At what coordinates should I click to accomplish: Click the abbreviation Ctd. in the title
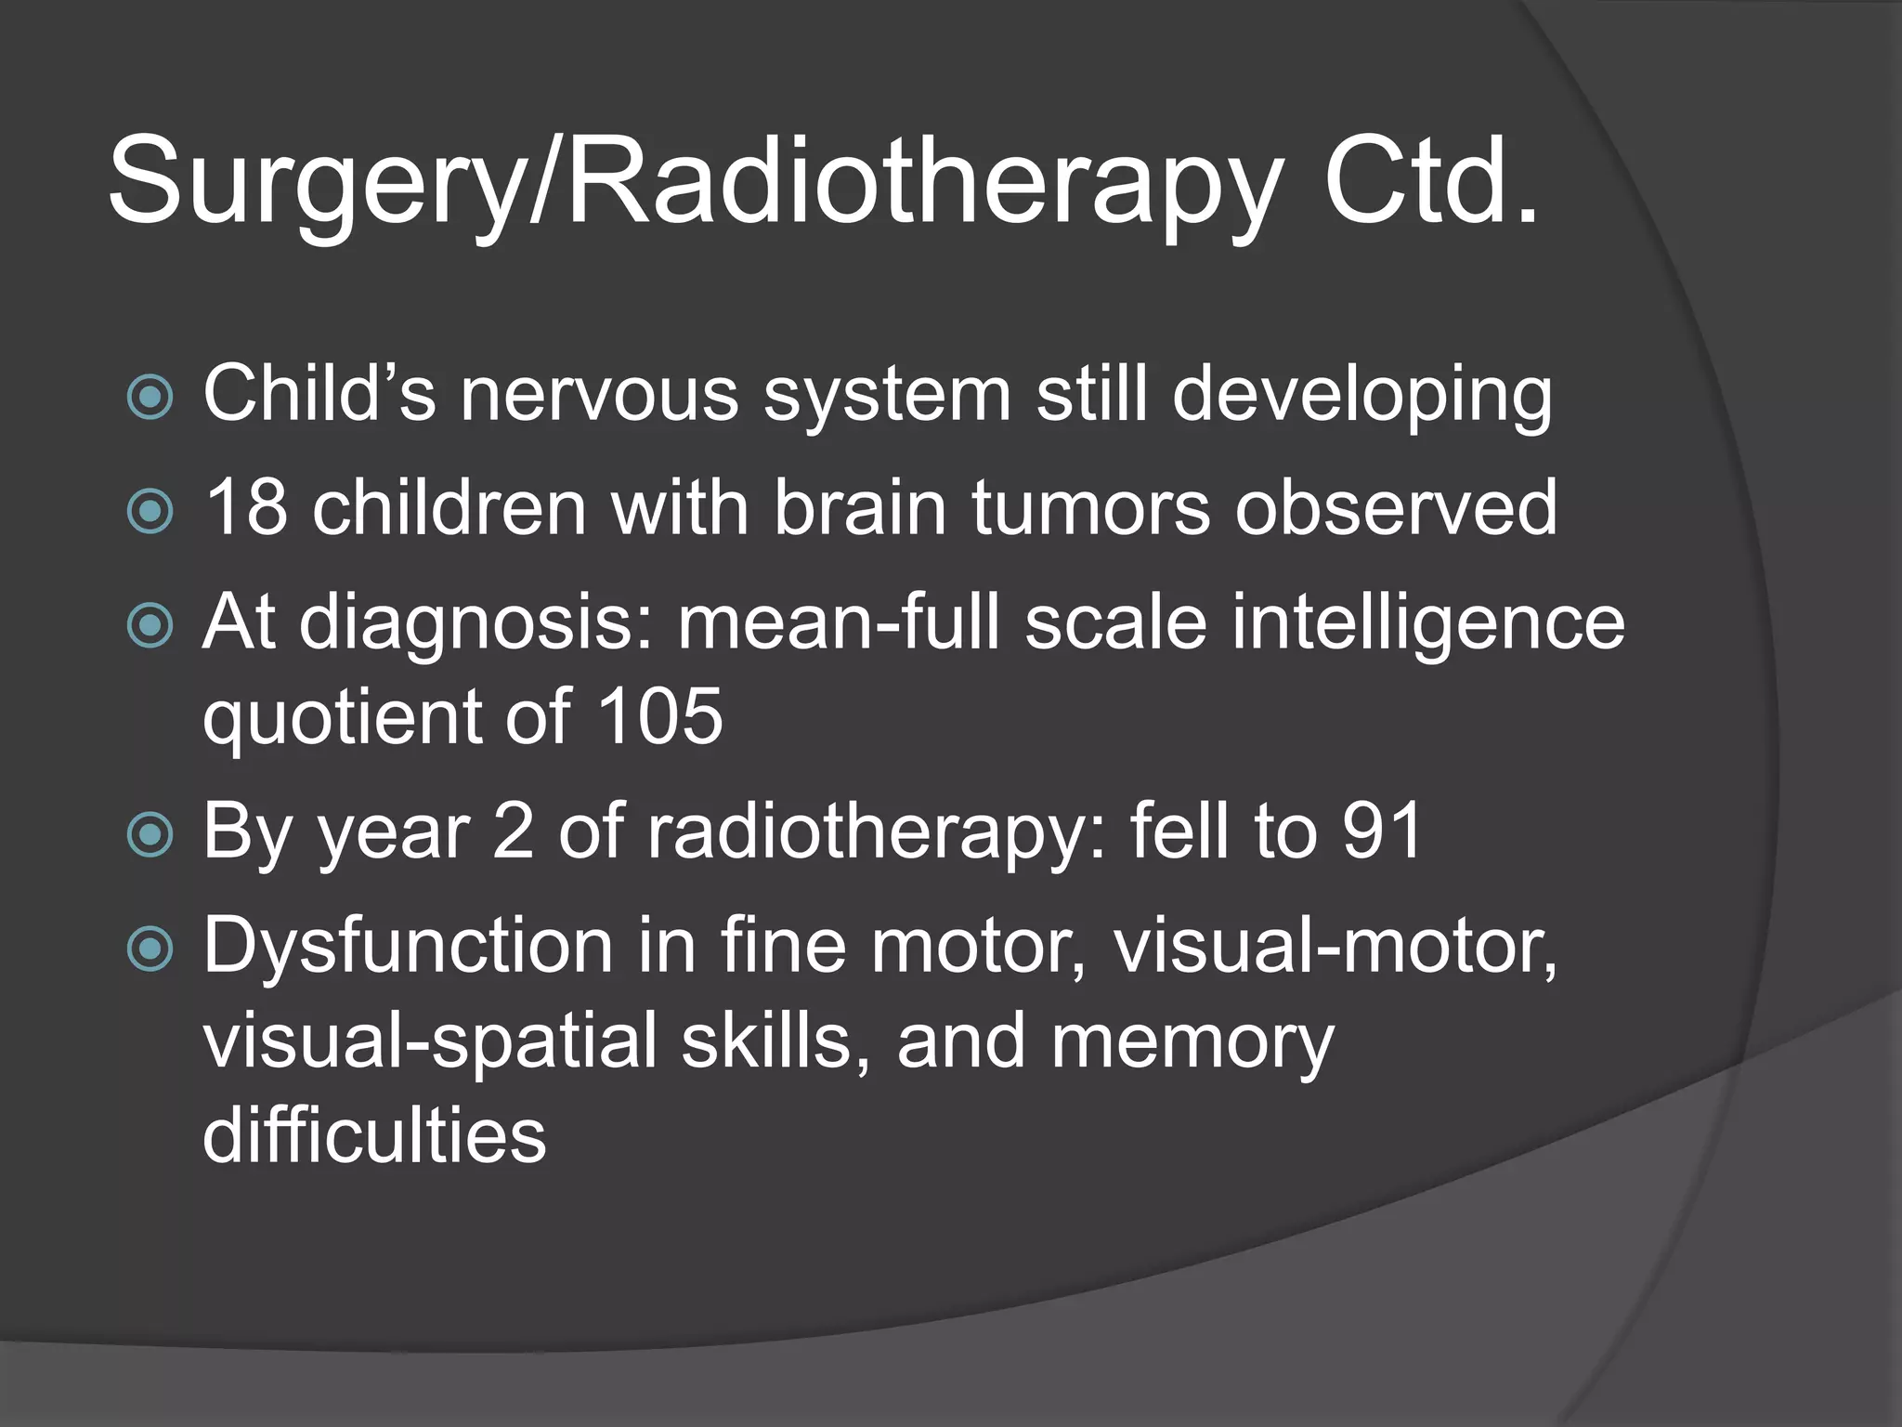pos(1431,181)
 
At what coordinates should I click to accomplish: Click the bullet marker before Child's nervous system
pos(150,398)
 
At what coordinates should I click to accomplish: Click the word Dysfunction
pos(408,946)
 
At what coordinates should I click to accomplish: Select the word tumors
pos(1091,508)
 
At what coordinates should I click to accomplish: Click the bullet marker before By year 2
pos(150,834)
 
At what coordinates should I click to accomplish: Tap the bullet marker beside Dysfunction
pos(150,949)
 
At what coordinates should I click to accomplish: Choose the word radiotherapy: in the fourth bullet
pos(878,832)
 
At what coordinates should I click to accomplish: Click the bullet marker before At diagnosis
pos(150,626)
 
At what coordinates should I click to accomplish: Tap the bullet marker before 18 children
pos(150,511)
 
